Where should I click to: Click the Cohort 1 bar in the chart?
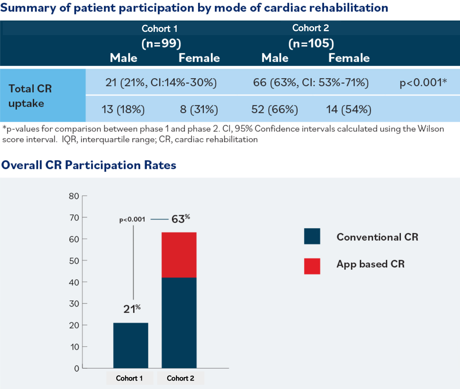[x=131, y=345]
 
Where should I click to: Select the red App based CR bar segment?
[x=179, y=255]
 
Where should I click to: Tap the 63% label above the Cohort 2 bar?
[x=180, y=219]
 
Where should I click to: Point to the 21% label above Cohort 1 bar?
[x=132, y=309]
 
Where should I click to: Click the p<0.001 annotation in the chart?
[x=132, y=220]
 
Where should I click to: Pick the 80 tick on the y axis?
[x=74, y=196]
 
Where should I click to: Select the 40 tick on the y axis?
[x=74, y=282]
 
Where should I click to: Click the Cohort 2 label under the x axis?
[x=180, y=378]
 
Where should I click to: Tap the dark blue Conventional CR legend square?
[x=312, y=236]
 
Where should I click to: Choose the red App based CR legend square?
[x=312, y=266]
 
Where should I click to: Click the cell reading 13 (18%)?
[x=123, y=109]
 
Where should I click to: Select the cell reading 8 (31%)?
[x=199, y=109]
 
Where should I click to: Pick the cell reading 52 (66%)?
[x=274, y=109]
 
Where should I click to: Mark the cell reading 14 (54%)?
[x=348, y=109]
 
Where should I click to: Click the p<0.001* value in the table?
[x=423, y=83]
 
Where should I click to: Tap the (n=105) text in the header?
[x=311, y=43]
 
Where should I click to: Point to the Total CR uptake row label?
[x=30, y=96]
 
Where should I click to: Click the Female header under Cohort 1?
[x=199, y=58]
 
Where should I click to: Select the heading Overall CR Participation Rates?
[x=89, y=165]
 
